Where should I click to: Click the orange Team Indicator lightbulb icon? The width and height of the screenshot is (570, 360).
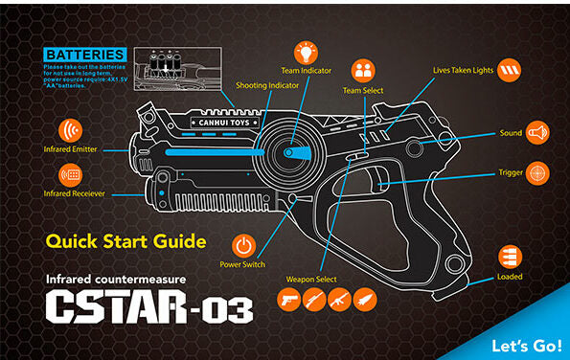click(306, 51)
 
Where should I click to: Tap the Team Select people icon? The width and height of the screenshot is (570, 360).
click(362, 70)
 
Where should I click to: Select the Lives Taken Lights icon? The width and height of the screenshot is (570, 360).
click(510, 70)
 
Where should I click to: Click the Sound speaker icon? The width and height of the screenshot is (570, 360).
click(538, 132)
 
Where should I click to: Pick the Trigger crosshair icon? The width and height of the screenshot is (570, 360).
click(538, 173)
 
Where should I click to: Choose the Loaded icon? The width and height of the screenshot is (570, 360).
click(510, 256)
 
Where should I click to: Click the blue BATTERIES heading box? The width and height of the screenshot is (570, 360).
click(84, 55)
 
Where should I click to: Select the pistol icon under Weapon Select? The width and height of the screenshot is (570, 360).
click(287, 300)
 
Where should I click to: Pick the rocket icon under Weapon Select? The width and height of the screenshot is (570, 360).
click(365, 300)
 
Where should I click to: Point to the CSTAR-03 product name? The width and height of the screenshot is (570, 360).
click(148, 309)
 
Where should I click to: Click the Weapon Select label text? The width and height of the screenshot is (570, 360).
click(312, 279)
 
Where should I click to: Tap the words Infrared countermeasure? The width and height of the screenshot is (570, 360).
click(116, 280)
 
